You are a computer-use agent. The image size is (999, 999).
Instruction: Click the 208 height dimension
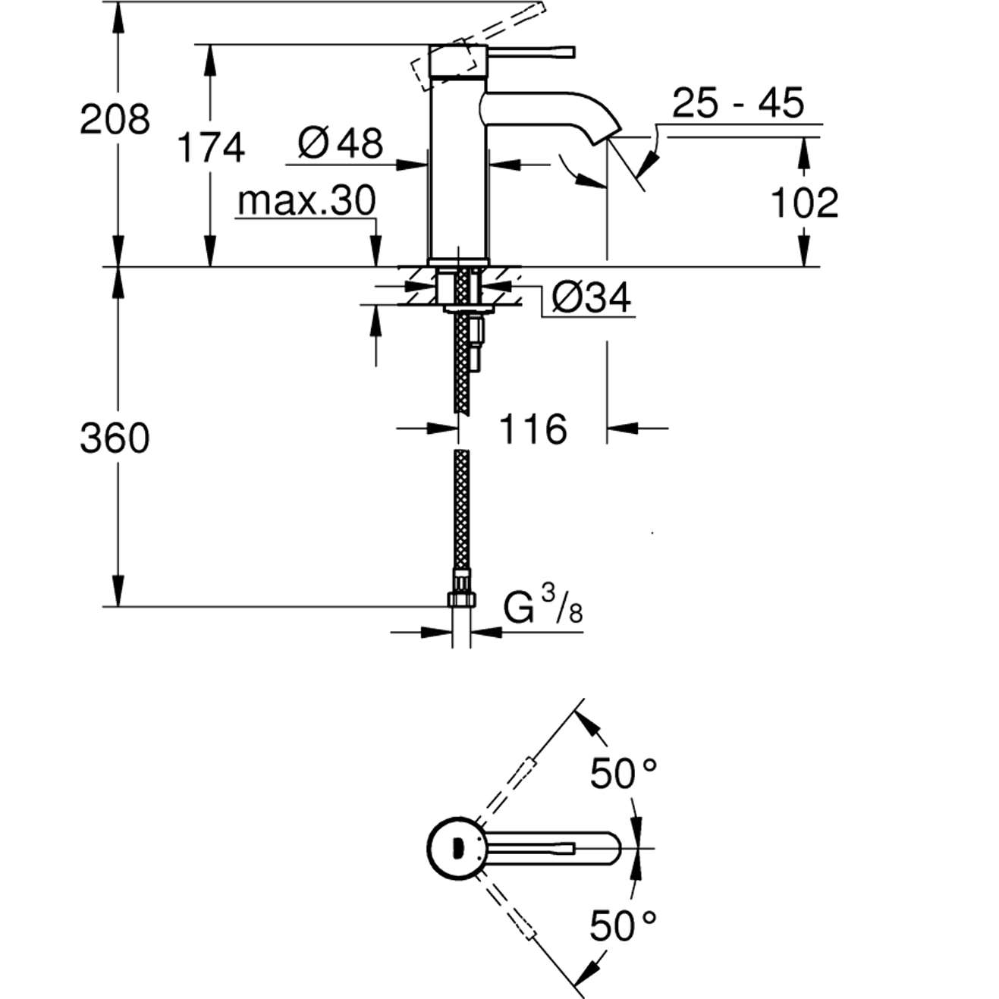click(115, 119)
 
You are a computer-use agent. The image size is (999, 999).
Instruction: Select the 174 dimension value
click(211, 146)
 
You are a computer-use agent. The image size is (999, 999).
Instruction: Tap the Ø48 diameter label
click(341, 142)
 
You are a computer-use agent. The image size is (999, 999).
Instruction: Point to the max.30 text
click(306, 201)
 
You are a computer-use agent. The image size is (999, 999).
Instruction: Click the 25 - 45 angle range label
click(737, 102)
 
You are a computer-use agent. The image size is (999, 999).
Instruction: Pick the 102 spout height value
click(804, 203)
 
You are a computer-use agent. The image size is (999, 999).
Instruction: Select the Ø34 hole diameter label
click(591, 297)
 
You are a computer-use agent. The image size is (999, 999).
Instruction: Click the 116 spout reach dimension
click(532, 429)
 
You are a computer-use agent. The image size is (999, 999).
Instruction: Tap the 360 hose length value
click(115, 438)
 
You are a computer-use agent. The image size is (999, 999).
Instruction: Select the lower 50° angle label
click(624, 925)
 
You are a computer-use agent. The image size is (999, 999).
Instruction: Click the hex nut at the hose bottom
click(461, 599)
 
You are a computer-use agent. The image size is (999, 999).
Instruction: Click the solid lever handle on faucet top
click(531, 52)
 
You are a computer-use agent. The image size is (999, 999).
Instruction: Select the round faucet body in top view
click(454, 847)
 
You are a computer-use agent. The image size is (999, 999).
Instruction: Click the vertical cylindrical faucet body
click(457, 167)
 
